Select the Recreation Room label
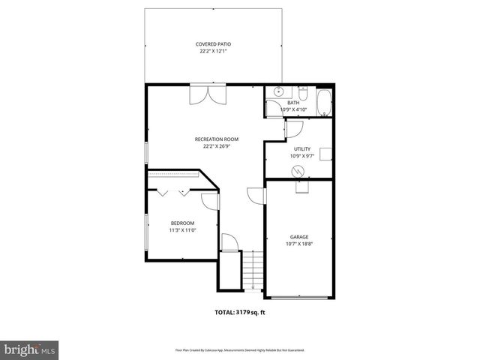click(216, 139)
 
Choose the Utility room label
click(301, 149)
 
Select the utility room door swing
click(295, 129)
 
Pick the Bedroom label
click(182, 223)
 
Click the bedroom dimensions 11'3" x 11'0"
click(182, 230)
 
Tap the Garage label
click(299, 236)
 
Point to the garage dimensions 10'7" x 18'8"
click(299, 244)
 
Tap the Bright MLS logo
click(29, 349)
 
